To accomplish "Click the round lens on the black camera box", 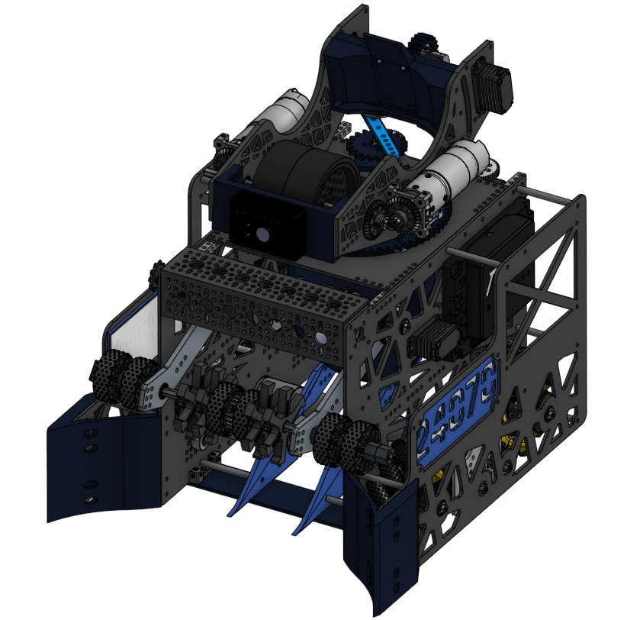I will coord(262,236).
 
